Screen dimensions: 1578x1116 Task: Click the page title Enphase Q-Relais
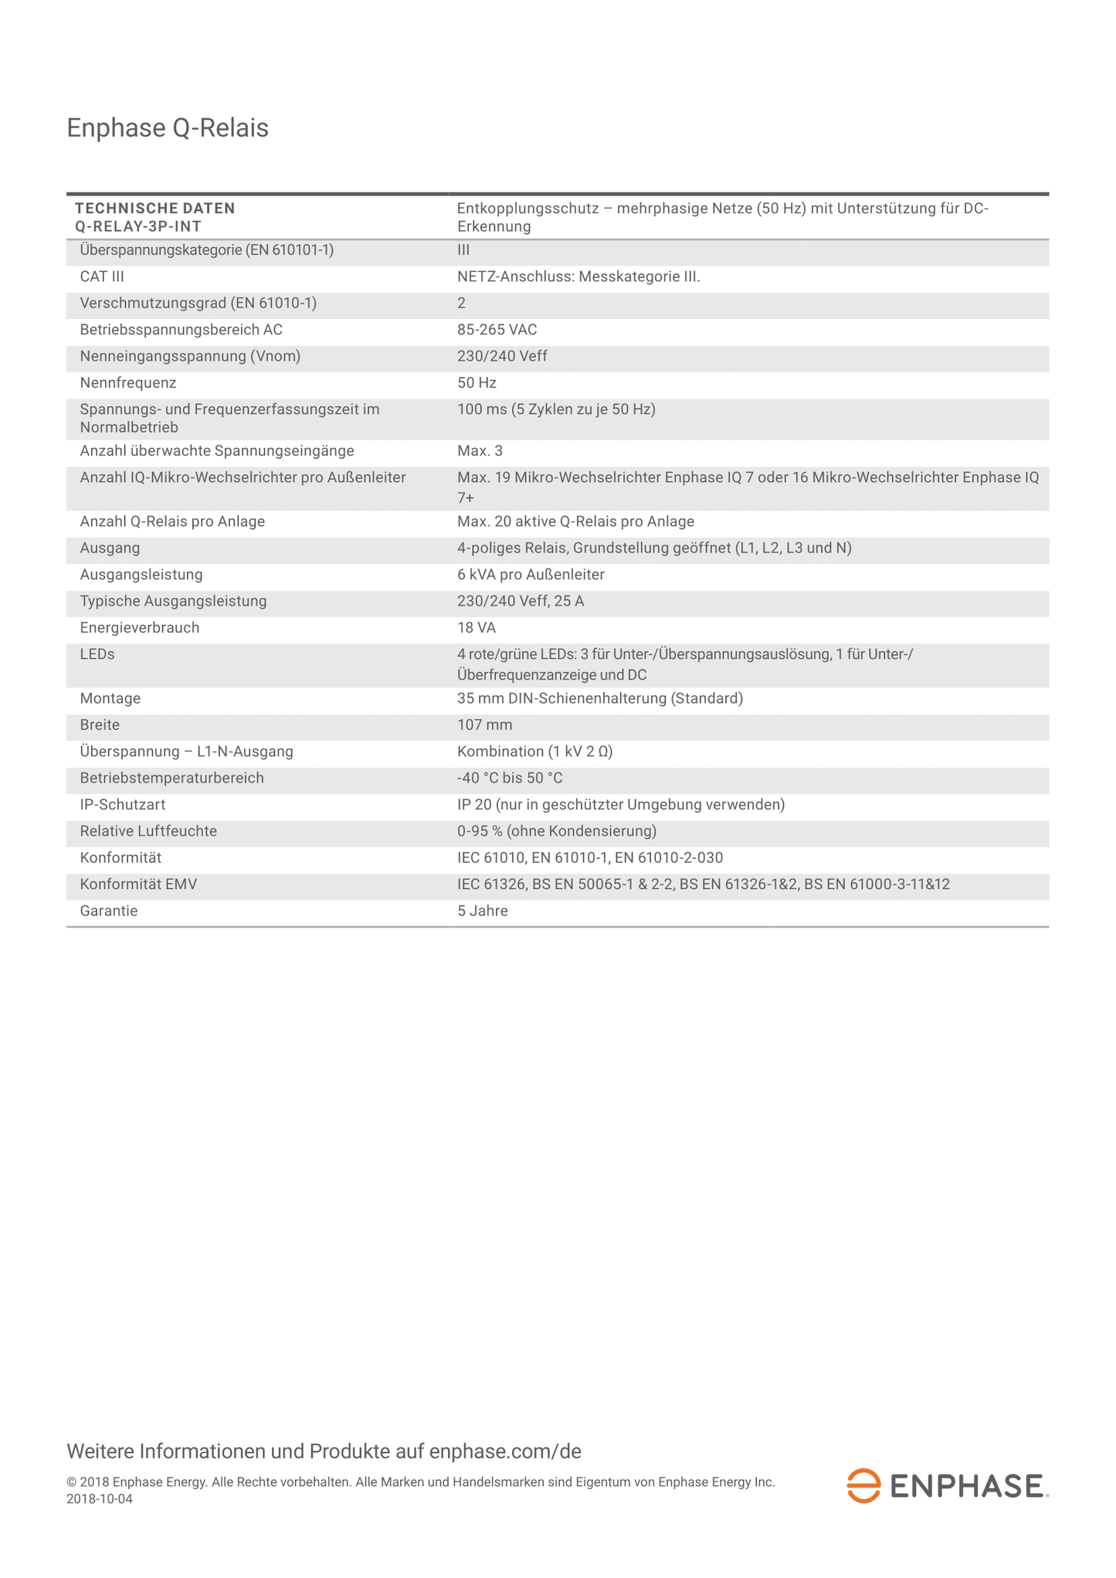pos(168,128)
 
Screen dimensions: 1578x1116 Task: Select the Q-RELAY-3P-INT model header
pos(138,226)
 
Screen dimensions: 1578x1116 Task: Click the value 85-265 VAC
pos(497,330)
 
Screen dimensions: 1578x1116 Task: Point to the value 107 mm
pos(484,725)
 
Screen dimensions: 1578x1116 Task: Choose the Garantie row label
pos(109,911)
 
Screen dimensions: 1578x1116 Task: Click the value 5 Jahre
pos(482,911)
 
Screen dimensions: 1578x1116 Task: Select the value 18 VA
pos(477,628)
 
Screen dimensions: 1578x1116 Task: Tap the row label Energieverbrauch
pos(140,628)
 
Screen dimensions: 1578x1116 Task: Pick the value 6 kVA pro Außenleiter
pos(531,575)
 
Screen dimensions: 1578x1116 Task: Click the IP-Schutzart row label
pos(123,805)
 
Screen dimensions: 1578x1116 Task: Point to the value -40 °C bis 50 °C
pos(510,779)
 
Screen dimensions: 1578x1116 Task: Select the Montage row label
pos(110,699)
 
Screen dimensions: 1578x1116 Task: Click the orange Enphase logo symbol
pos(863,1485)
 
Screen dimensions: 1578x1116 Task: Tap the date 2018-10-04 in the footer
pos(100,1499)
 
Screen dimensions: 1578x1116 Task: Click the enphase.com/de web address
pos(504,1451)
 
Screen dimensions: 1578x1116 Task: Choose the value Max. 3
pos(480,451)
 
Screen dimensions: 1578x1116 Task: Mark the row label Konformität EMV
pos(138,884)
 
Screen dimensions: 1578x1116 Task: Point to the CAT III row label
pos(102,277)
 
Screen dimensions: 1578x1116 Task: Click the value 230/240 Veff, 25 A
pos(521,601)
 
